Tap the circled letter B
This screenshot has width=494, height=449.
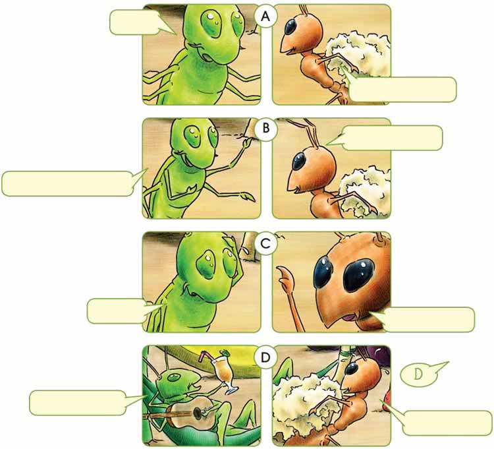(x=265, y=131)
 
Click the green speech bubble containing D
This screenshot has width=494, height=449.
(x=420, y=375)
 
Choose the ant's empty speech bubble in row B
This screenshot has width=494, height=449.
(x=393, y=138)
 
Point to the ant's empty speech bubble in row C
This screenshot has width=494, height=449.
(x=427, y=319)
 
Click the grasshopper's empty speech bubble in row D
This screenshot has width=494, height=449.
(x=77, y=403)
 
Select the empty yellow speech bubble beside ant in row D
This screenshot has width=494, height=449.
(x=447, y=422)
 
